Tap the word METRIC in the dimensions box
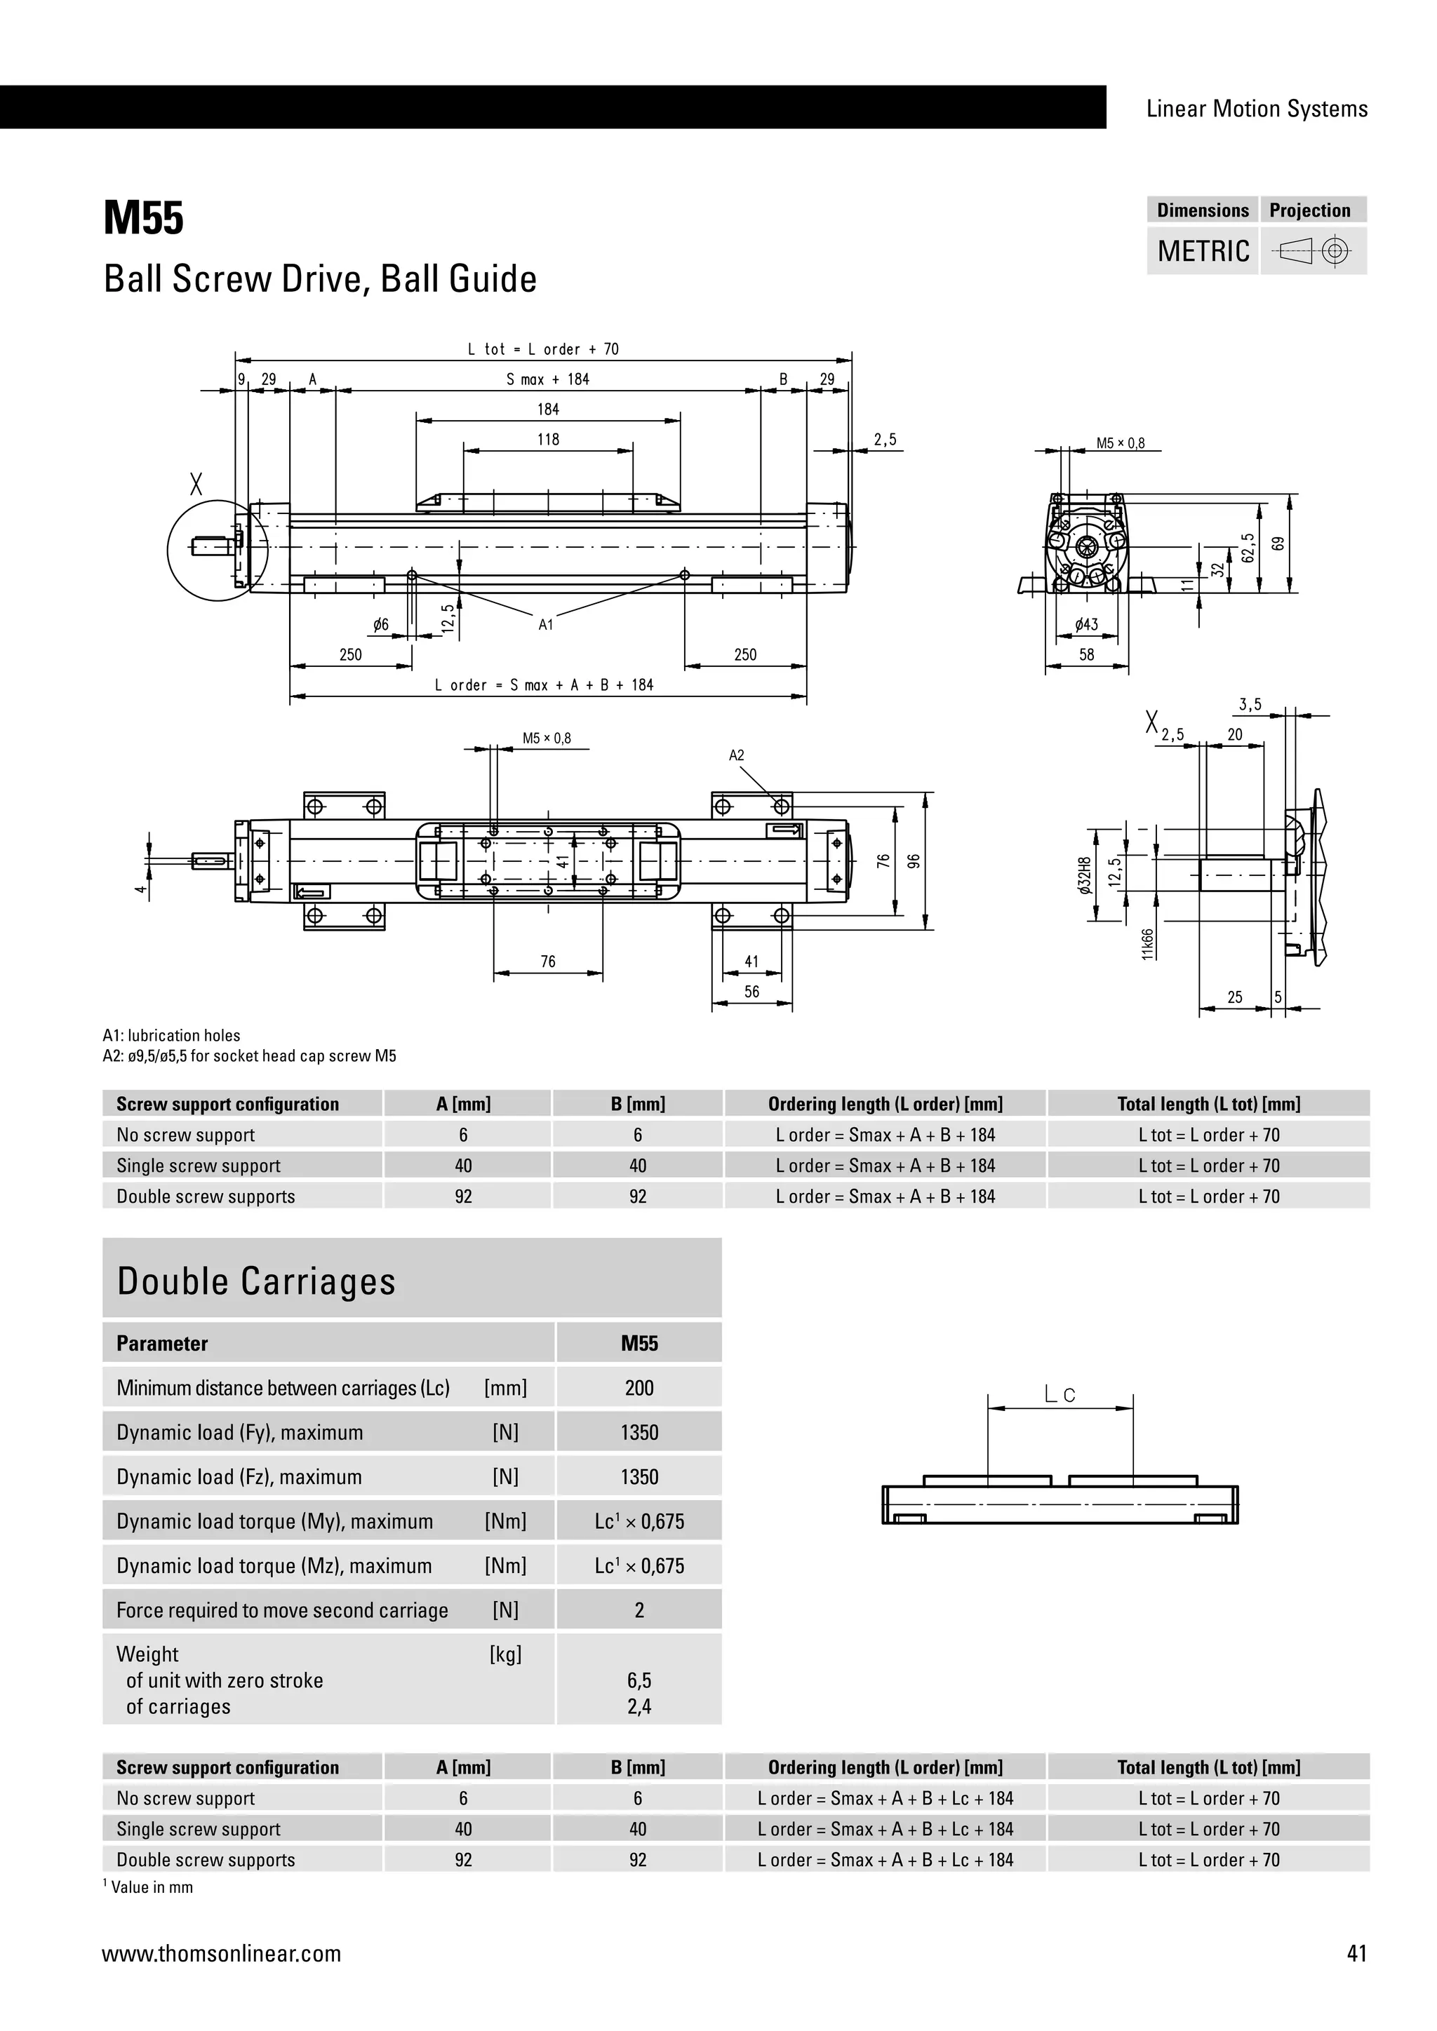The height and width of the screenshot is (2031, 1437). click(x=1203, y=251)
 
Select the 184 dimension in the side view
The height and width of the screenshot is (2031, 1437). click(x=548, y=409)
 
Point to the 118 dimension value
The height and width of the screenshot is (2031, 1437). click(x=548, y=439)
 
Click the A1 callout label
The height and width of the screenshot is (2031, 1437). click(x=546, y=624)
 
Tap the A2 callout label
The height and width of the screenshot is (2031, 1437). click(x=736, y=755)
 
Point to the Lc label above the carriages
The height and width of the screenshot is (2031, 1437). click(x=1060, y=1395)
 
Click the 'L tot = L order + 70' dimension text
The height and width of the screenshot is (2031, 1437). click(x=542, y=349)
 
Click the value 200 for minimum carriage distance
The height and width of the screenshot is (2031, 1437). click(x=639, y=1388)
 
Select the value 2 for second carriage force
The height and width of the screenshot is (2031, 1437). click(x=639, y=1610)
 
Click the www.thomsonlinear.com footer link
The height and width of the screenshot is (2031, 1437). click(x=221, y=1953)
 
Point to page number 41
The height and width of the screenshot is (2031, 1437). click(x=1356, y=1953)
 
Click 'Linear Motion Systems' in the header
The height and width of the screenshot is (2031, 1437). click(x=1257, y=109)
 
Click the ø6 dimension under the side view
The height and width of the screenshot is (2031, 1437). click(x=380, y=624)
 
